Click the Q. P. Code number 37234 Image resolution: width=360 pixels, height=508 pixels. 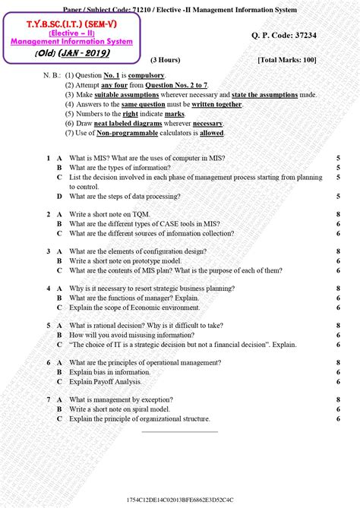311,36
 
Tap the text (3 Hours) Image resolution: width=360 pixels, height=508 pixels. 164,58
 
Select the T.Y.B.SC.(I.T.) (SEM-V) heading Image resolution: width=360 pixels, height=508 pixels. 58,25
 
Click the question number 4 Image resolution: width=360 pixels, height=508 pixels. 48,289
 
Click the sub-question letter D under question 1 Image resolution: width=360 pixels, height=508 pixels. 59,196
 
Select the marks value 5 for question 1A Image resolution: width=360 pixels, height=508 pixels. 337,158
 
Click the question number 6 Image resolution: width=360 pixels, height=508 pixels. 48,363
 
